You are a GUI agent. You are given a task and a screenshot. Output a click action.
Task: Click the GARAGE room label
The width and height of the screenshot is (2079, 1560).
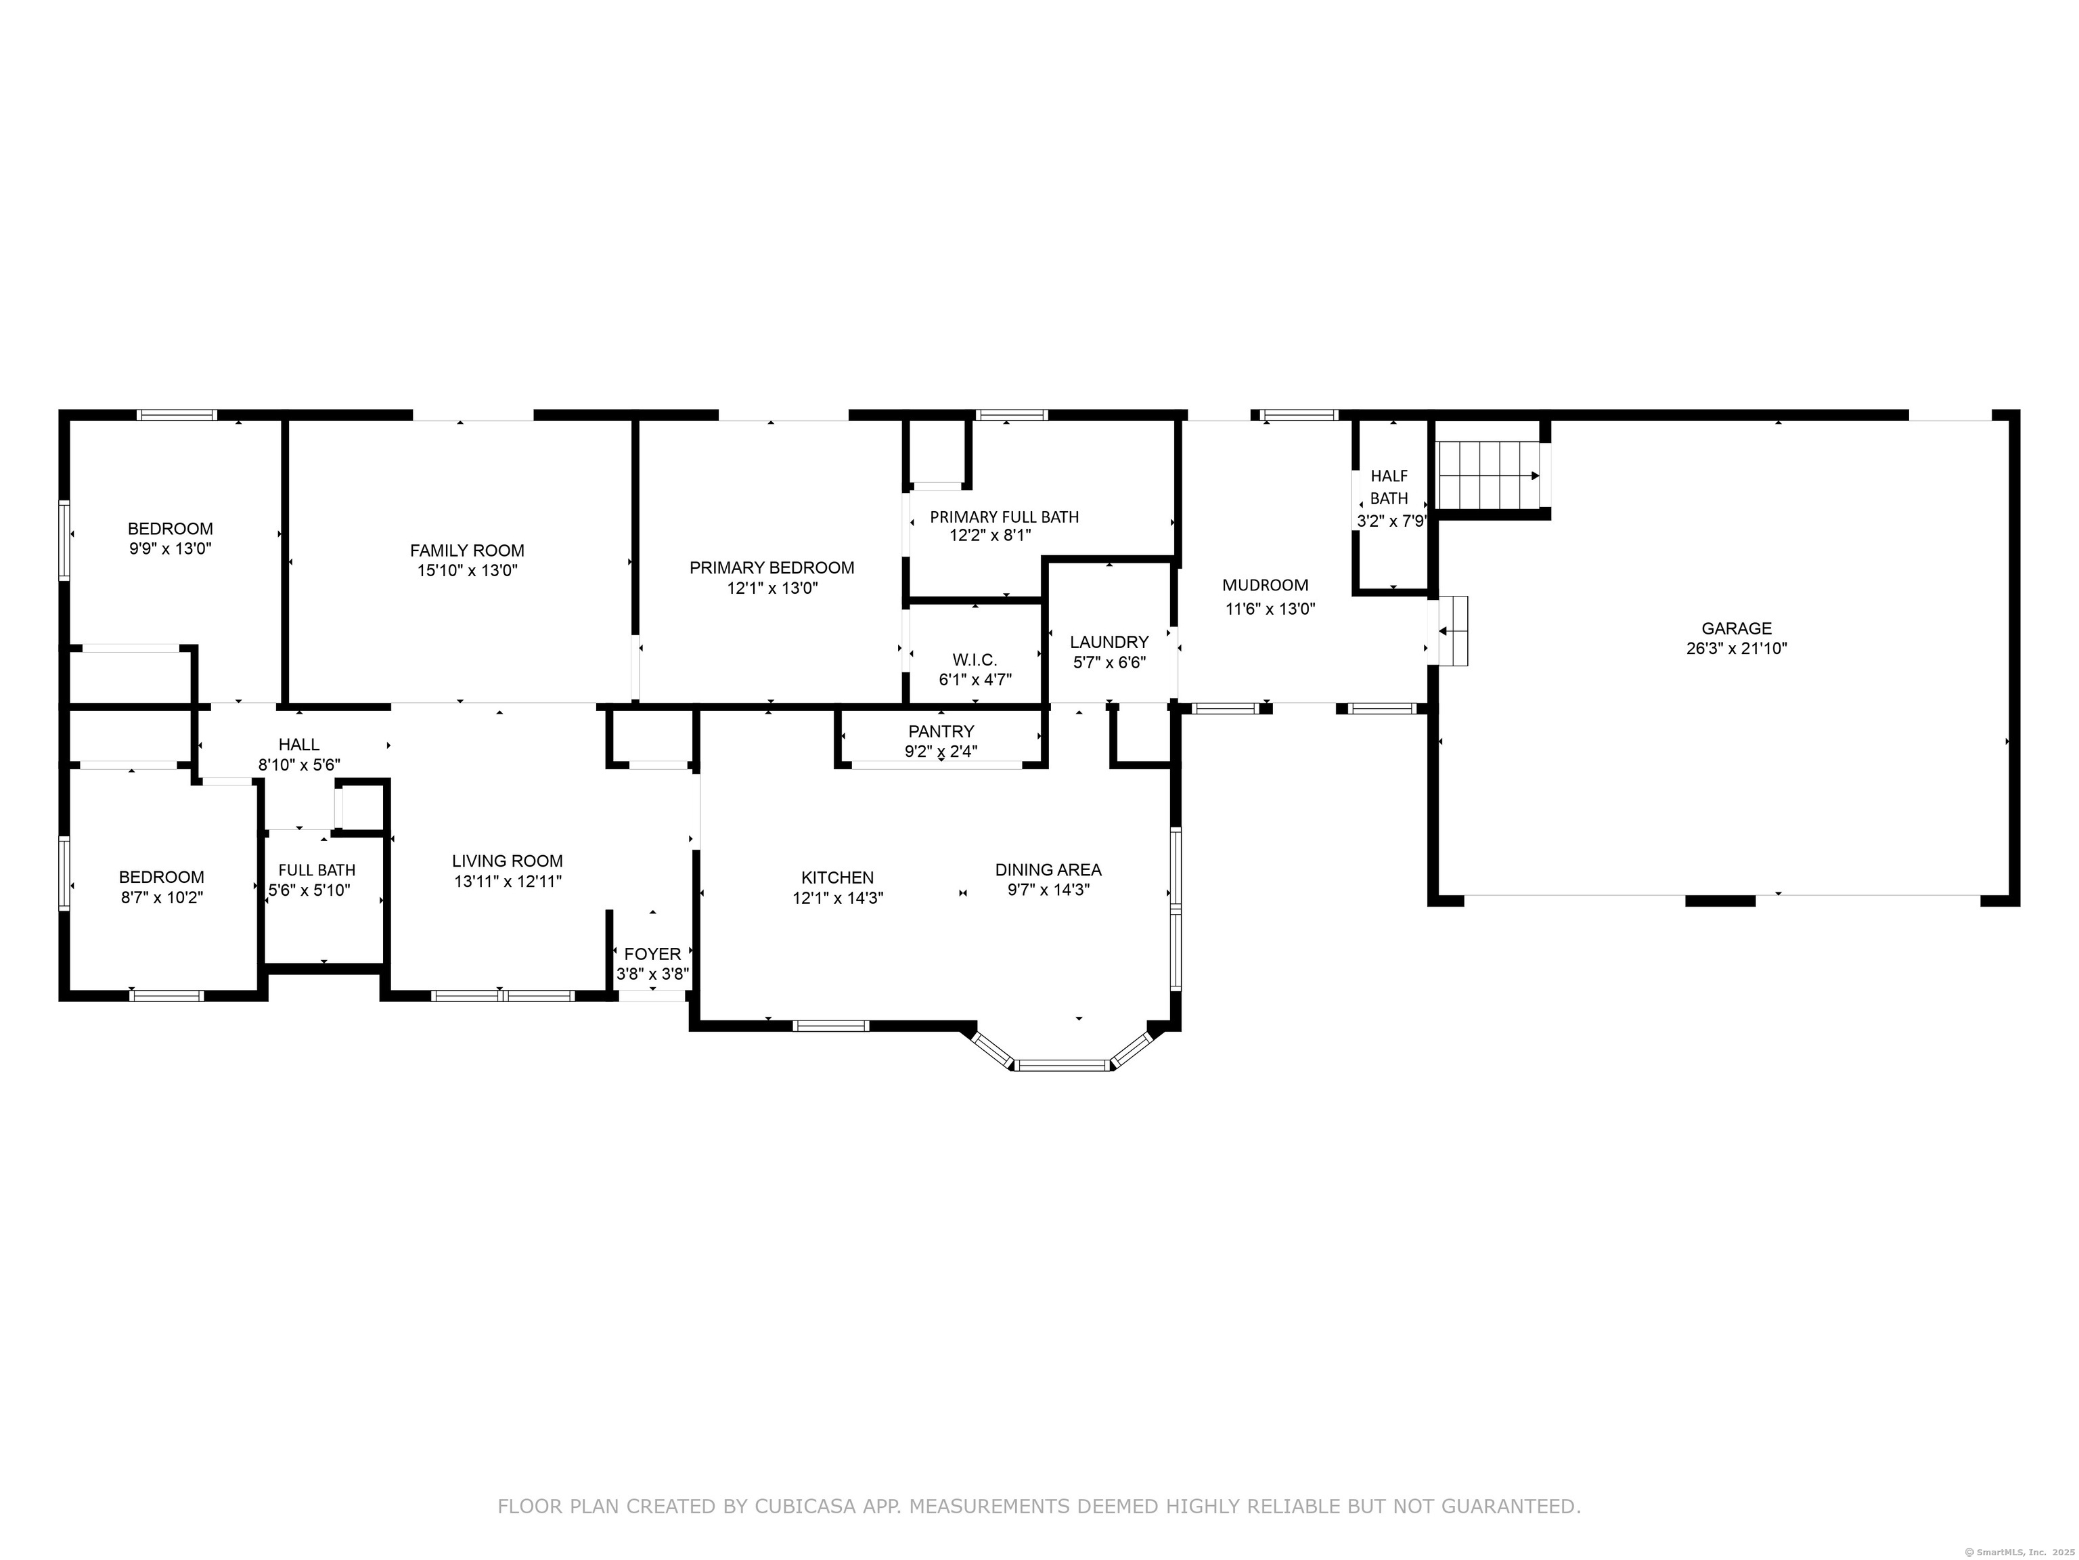click(x=1736, y=628)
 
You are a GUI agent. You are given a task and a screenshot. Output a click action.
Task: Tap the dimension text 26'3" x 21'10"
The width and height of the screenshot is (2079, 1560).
click(x=1736, y=648)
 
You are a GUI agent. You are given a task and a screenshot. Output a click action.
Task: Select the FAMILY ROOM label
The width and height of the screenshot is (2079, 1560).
click(x=467, y=550)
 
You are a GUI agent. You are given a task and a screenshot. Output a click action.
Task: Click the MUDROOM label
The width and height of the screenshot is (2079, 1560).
click(x=1265, y=585)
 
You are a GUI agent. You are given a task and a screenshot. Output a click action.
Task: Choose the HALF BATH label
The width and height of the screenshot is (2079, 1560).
click(x=1389, y=487)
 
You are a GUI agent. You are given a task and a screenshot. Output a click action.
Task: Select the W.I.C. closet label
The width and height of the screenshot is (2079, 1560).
click(x=975, y=660)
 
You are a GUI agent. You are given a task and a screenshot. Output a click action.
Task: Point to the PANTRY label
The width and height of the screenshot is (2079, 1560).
click(x=941, y=731)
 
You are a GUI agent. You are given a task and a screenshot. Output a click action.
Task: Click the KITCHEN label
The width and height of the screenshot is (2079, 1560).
click(x=837, y=877)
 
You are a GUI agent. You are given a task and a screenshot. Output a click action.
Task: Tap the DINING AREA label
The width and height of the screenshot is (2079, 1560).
click(x=1048, y=870)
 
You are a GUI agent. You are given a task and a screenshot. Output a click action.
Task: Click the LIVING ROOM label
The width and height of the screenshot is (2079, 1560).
click(x=508, y=861)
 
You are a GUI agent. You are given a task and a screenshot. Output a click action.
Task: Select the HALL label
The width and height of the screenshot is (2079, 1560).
click(x=299, y=745)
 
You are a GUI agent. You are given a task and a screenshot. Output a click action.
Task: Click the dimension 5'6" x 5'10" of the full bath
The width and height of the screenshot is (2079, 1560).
click(x=309, y=890)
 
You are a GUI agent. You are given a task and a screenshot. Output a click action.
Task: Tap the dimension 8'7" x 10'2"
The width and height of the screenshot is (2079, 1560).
click(x=162, y=897)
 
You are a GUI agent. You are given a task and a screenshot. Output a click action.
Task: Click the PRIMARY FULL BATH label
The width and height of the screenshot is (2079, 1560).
click(x=1004, y=516)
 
